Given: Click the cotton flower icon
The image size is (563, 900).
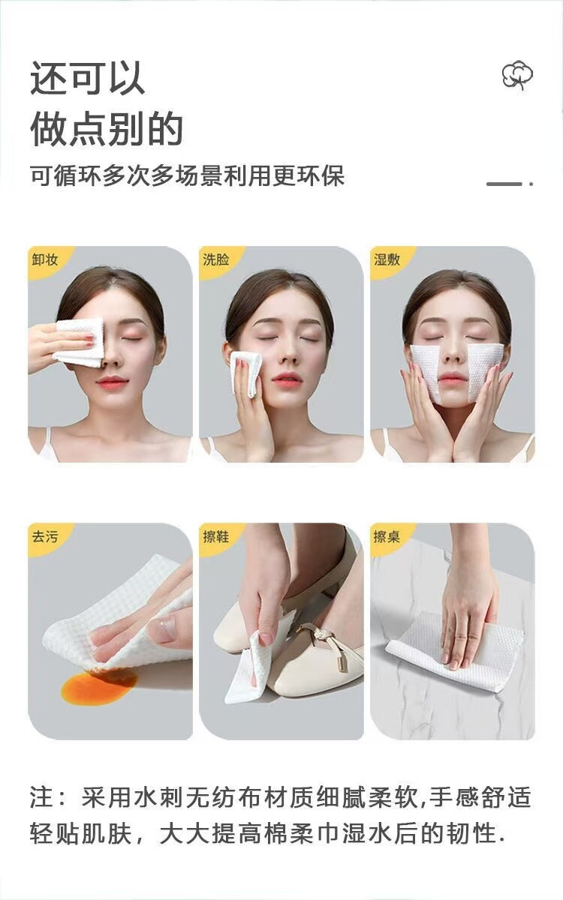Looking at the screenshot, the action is (517, 75).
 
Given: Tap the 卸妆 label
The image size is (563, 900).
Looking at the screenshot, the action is (45, 259).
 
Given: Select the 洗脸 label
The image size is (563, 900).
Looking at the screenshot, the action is (216, 259).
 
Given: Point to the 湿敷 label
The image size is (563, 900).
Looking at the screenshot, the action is (387, 259).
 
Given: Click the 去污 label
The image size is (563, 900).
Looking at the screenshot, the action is (45, 536).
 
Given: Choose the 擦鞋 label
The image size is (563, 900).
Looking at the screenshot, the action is (216, 536).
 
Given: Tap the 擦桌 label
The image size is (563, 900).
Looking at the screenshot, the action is (387, 536).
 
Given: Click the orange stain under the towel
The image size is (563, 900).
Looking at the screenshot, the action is (98, 685).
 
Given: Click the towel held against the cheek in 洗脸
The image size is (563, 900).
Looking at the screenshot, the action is (245, 374).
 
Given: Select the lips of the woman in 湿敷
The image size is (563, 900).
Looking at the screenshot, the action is (453, 378).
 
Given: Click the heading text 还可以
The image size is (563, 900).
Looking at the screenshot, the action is (88, 78).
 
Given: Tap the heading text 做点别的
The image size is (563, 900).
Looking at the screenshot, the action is (107, 128).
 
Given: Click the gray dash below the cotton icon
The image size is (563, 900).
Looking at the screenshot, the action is (504, 184).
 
